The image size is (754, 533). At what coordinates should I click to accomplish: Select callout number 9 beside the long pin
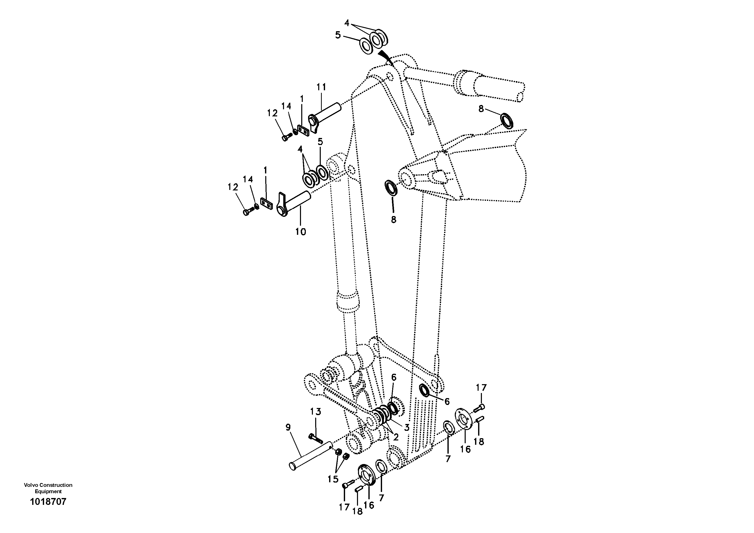(x=288, y=428)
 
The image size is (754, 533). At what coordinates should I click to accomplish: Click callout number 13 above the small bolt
(x=316, y=412)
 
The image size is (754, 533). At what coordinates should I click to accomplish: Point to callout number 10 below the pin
(x=300, y=232)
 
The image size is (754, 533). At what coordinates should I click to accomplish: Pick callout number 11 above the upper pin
(x=321, y=87)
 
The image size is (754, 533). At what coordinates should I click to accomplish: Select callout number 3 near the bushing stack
(x=407, y=428)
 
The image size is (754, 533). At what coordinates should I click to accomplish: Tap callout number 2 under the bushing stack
(x=396, y=437)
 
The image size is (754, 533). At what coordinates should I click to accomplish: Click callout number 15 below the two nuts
(x=333, y=479)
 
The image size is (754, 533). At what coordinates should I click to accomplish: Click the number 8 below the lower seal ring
(x=393, y=220)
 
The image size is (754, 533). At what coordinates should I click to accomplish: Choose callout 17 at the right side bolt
(x=481, y=388)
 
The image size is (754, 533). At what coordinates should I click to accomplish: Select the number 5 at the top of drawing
(x=338, y=35)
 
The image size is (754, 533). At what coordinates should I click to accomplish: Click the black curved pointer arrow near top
(x=387, y=58)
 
